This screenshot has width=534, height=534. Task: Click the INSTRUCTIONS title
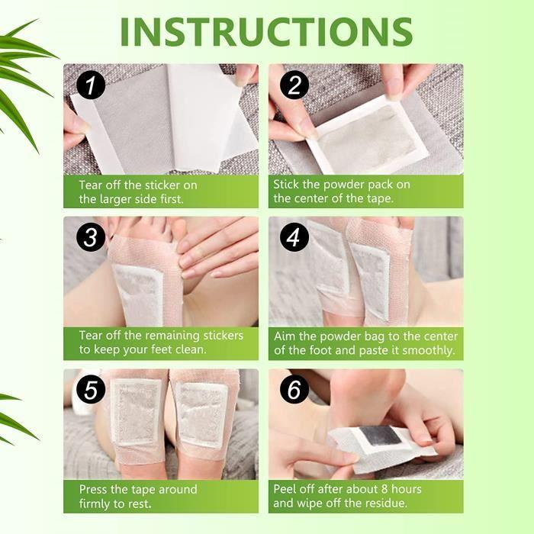tap(266, 31)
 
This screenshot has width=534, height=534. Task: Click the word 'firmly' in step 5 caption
tap(94, 503)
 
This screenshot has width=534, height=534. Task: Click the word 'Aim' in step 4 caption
tap(284, 336)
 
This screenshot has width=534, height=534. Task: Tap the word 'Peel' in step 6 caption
tap(286, 488)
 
